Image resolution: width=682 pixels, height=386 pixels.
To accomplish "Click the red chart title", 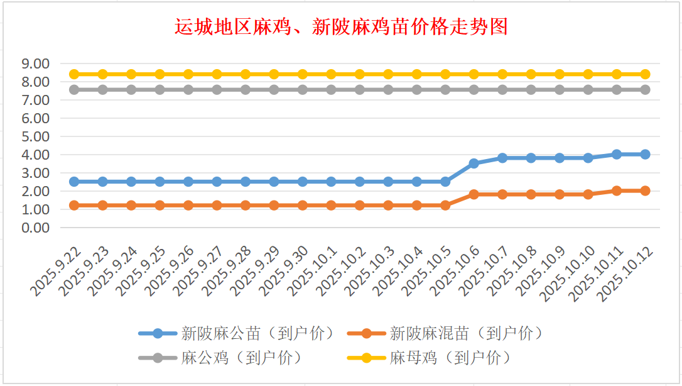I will [340, 27].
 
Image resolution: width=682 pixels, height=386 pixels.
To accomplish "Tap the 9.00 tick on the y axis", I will [35, 63].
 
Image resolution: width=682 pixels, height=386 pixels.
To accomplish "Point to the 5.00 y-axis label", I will [35, 136].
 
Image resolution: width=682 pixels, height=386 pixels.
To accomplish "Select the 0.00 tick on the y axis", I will [35, 228].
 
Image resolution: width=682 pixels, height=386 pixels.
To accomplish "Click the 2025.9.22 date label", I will [58, 271].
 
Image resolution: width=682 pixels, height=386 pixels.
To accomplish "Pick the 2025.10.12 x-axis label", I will [629, 273].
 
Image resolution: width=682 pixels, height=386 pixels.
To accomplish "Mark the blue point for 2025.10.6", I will [474, 163].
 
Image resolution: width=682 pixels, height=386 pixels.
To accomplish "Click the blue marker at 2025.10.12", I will [645, 154].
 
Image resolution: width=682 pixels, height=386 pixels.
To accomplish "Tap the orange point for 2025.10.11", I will [617, 190].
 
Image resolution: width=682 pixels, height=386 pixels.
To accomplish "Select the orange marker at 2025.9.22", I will [74, 205].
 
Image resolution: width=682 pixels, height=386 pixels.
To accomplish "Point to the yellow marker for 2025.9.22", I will [74, 74].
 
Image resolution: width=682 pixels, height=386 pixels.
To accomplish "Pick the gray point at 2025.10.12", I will [645, 90].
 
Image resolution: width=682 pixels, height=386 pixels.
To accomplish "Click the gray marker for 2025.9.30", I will [303, 90].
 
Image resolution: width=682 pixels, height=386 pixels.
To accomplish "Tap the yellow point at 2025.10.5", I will [445, 74].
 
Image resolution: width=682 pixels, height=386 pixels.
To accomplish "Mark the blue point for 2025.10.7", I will [502, 158].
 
